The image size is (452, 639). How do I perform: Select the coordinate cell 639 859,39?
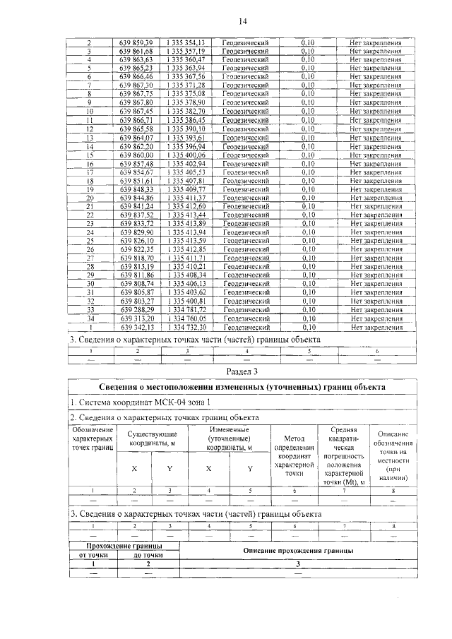point(136,43)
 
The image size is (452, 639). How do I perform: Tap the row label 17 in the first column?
point(90,172)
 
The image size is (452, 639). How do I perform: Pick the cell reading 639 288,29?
point(136,310)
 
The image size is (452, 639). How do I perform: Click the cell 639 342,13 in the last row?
point(136,328)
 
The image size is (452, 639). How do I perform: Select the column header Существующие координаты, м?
point(153,438)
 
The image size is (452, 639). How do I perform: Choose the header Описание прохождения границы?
point(298,550)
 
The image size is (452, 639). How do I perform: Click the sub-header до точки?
point(148,555)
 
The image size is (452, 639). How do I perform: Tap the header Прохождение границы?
point(124,546)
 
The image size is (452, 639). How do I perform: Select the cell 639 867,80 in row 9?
point(136,103)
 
